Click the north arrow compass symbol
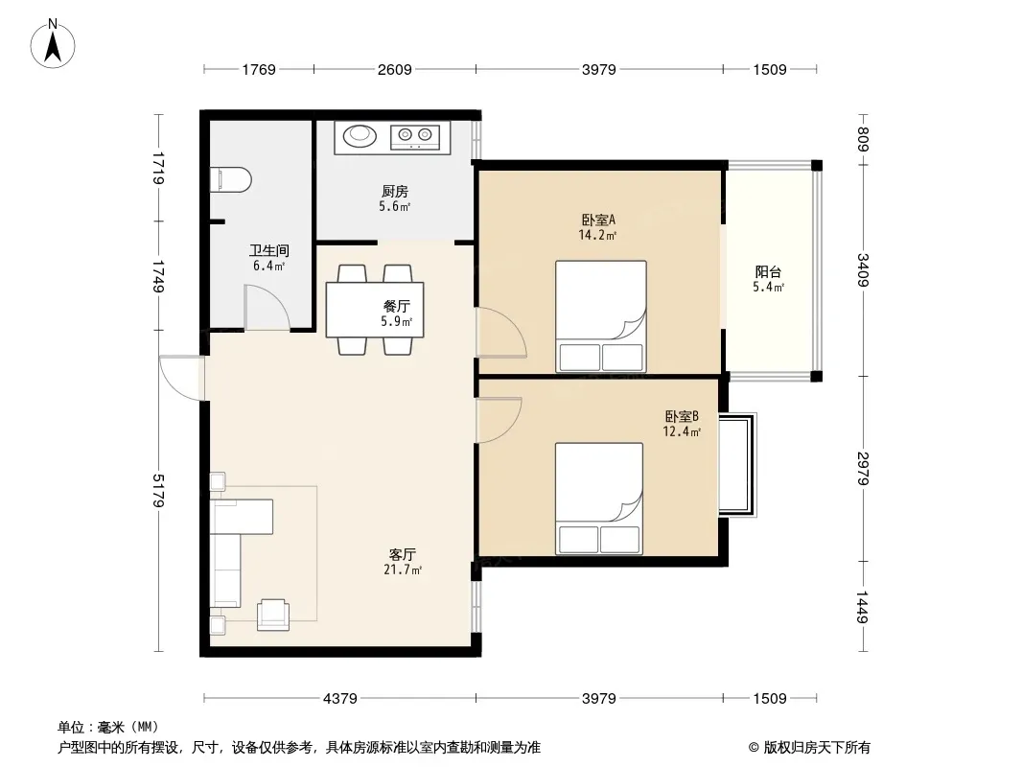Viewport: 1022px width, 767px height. point(53,44)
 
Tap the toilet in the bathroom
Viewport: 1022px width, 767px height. point(231,180)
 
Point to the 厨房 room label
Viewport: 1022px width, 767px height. point(395,191)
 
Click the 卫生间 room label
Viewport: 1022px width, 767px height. point(269,250)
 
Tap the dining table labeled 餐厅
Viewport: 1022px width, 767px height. point(375,310)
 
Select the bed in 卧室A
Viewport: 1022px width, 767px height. point(601,316)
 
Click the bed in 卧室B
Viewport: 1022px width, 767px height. point(599,499)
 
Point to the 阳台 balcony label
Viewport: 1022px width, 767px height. point(769,271)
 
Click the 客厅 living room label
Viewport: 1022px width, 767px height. point(402,554)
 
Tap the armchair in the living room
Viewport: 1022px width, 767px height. point(273,615)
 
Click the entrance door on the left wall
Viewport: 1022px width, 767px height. point(182,378)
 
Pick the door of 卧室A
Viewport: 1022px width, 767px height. point(500,333)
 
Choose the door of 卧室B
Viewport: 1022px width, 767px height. point(499,420)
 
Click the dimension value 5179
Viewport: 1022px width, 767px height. point(158,490)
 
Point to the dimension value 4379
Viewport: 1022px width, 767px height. point(340,699)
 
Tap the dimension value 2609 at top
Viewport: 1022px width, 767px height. point(394,69)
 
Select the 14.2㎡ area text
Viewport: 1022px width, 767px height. point(597,235)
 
